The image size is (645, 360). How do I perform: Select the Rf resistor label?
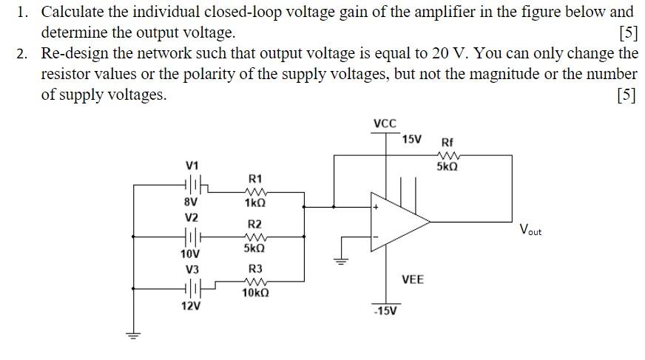(448, 142)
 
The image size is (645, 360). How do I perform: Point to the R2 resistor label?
(254, 224)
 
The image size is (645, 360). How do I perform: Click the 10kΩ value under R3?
(255, 293)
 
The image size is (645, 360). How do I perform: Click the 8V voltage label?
(191, 200)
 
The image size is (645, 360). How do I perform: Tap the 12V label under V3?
(191, 306)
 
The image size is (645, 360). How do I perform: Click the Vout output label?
(530, 230)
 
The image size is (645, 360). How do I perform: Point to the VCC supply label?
(385, 123)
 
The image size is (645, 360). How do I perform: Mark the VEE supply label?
(413, 279)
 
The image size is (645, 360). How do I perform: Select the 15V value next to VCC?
(412, 139)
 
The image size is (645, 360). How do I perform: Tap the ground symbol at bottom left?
(133, 335)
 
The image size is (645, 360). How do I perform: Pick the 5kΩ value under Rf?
(447, 167)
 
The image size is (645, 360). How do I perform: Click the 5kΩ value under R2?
(254, 248)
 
